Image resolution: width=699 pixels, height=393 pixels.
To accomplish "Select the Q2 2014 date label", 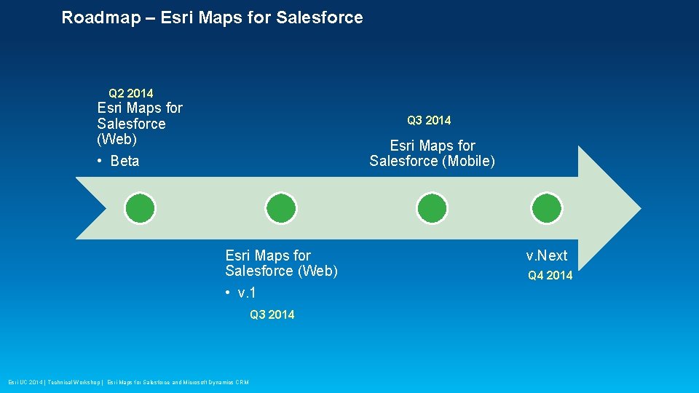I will pos(131,93).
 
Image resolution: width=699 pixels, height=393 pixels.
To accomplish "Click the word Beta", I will pos(125,161).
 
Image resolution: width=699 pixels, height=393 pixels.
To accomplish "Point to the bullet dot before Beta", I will pos(100,161).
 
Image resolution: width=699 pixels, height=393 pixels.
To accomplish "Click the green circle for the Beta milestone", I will pos(140,208).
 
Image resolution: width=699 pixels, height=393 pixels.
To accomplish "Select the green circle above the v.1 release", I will pos(280,208).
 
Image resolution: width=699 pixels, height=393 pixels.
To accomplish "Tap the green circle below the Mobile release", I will pos(432,208).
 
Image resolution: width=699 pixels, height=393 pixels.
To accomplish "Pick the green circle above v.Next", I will pos(547,208).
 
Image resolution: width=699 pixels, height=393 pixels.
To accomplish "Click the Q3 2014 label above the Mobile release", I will pos(429,120).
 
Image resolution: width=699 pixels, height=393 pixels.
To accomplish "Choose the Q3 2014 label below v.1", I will pos(272,314).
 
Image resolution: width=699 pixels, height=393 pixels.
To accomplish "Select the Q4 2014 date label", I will pos(550,275).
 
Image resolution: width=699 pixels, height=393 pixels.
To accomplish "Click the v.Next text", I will pos(547,255).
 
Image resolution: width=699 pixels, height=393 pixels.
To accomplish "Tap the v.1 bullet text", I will pos(247,293).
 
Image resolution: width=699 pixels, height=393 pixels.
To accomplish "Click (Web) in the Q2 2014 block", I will pos(116,139).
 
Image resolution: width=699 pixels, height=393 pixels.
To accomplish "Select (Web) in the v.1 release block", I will pos(314,271).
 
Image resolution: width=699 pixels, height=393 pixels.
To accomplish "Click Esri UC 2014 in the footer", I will pos(26,382).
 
